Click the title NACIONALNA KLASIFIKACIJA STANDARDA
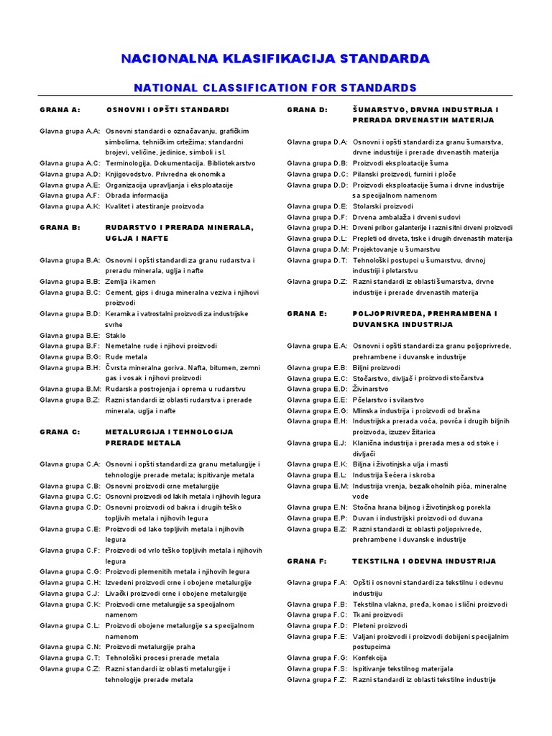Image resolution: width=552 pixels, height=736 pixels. point(275,58)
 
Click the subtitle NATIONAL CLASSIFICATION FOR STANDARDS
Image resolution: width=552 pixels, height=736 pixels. point(275,88)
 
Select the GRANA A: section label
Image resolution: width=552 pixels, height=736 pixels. point(60,110)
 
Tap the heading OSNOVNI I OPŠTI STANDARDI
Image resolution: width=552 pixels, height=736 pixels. point(167,110)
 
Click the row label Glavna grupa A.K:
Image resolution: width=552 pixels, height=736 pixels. point(70,206)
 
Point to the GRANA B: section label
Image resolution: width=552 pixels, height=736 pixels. point(60,227)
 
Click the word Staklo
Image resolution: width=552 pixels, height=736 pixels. point(116,335)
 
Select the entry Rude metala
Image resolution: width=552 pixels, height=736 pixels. point(126,356)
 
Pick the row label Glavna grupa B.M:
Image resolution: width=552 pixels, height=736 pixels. point(70,389)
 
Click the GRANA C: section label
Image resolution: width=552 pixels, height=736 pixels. point(60,432)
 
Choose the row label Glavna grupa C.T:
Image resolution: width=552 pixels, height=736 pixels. point(70,658)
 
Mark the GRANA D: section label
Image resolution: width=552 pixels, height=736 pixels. point(307,110)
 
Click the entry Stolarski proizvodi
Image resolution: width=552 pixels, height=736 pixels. point(382,206)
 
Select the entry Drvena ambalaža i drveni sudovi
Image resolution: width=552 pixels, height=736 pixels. point(406,217)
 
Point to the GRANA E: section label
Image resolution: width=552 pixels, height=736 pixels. point(307,314)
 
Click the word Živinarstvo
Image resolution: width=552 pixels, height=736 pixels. point(370,389)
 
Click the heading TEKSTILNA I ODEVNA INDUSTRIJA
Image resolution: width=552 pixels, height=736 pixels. point(423,561)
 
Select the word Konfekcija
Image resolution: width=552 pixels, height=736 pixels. point(369,658)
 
